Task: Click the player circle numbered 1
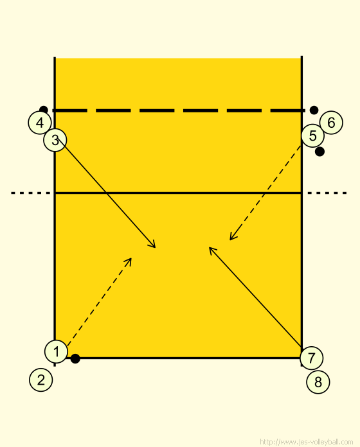(56, 351)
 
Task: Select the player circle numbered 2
(41, 380)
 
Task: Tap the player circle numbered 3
(55, 140)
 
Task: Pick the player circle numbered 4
(40, 123)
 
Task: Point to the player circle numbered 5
(312, 136)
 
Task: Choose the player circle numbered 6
(331, 123)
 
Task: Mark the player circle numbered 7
(312, 358)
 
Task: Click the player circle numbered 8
(318, 382)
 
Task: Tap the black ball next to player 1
(75, 358)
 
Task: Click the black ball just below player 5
(319, 152)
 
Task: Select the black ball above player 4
(43, 110)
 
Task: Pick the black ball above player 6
(314, 110)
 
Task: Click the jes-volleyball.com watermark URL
(307, 442)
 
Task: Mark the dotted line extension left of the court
(30, 193)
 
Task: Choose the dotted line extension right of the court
(327, 193)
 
